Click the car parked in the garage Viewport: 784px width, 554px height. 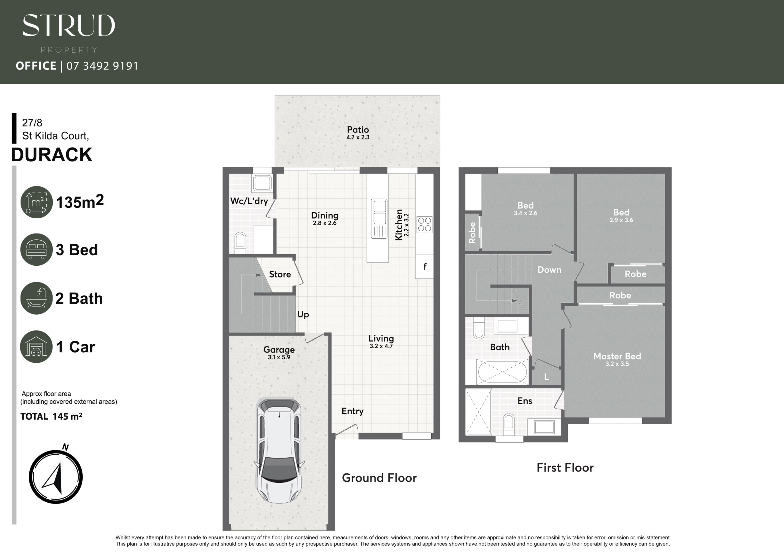coord(279,451)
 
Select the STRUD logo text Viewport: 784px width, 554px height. coord(69,25)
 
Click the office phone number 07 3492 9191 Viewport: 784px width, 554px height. coord(102,66)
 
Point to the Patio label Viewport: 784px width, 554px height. coord(358,130)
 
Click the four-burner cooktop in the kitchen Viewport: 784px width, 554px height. coord(424,225)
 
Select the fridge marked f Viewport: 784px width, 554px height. coord(424,266)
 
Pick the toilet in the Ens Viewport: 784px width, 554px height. coord(509,424)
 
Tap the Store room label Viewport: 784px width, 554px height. coord(280,274)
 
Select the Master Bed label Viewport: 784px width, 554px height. coord(617,356)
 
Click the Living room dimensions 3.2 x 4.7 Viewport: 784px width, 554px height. coord(381,346)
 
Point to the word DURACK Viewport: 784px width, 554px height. coord(51,155)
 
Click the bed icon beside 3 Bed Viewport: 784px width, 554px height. coord(36,249)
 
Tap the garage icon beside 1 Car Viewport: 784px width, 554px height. coord(36,346)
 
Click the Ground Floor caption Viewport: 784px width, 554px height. coord(379,478)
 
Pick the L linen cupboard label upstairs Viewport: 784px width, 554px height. coord(546,377)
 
